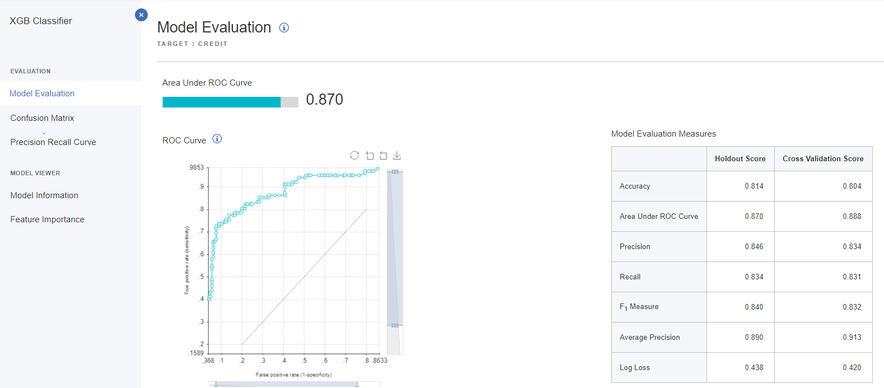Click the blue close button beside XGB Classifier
141,15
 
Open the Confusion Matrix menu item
42,118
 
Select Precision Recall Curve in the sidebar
53,142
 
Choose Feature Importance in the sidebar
47,219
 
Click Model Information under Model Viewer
44,195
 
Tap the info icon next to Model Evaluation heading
284,27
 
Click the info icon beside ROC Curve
217,139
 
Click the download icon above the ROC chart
397,156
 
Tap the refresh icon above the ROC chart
354,156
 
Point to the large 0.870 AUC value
324,100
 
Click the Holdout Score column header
740,159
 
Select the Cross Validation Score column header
822,159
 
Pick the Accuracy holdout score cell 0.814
754,186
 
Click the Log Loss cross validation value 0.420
852,368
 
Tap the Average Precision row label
649,338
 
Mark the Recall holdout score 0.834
754,277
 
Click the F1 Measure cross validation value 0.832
852,307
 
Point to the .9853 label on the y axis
197,167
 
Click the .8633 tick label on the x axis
380,361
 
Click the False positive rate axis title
293,375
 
